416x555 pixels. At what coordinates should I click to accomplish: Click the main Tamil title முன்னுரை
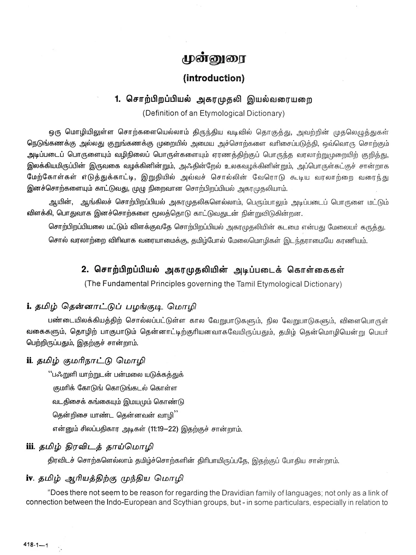point(214,59)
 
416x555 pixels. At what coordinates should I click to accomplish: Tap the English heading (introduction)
point(214,78)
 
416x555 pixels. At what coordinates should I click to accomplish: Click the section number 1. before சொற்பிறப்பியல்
point(118,99)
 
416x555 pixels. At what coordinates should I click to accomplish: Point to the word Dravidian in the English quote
point(241,493)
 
